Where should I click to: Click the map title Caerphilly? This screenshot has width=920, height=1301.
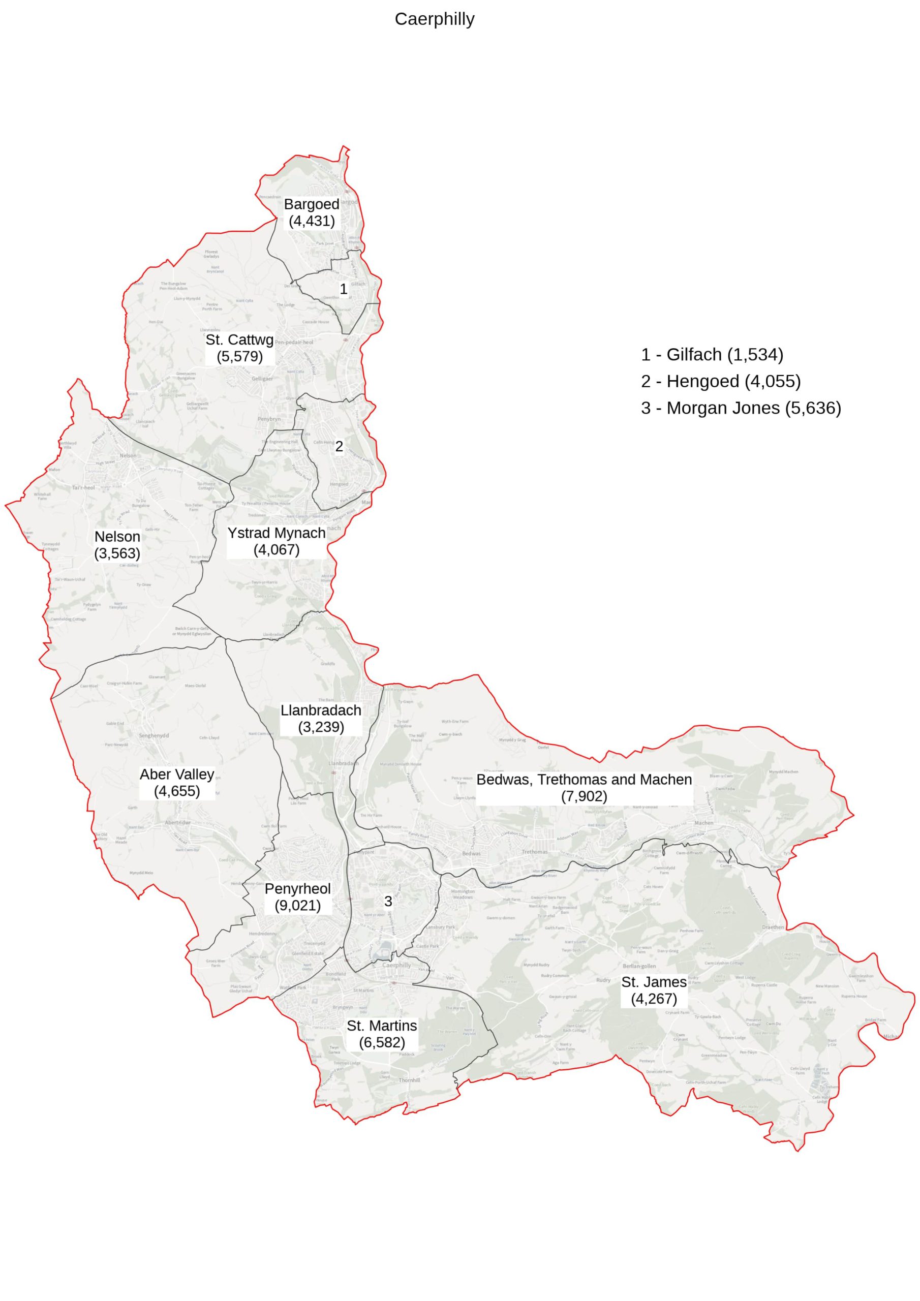[434, 19]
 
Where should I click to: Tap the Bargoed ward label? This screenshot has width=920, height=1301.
[311, 212]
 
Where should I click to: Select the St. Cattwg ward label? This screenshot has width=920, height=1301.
[239, 348]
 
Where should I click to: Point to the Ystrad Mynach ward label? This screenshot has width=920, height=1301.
[276, 541]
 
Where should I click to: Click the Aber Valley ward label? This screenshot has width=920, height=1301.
[177, 783]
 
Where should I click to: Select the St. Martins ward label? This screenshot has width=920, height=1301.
[382, 1034]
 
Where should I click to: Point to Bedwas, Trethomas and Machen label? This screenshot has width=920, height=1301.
[584, 788]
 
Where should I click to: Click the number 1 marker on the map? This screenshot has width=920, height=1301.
[343, 289]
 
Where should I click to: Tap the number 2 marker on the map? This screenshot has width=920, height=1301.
[339, 447]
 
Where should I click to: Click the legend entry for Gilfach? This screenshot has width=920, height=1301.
[712, 354]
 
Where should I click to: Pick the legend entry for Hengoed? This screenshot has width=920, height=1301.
[720, 381]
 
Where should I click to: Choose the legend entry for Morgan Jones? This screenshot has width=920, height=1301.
[741, 408]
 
